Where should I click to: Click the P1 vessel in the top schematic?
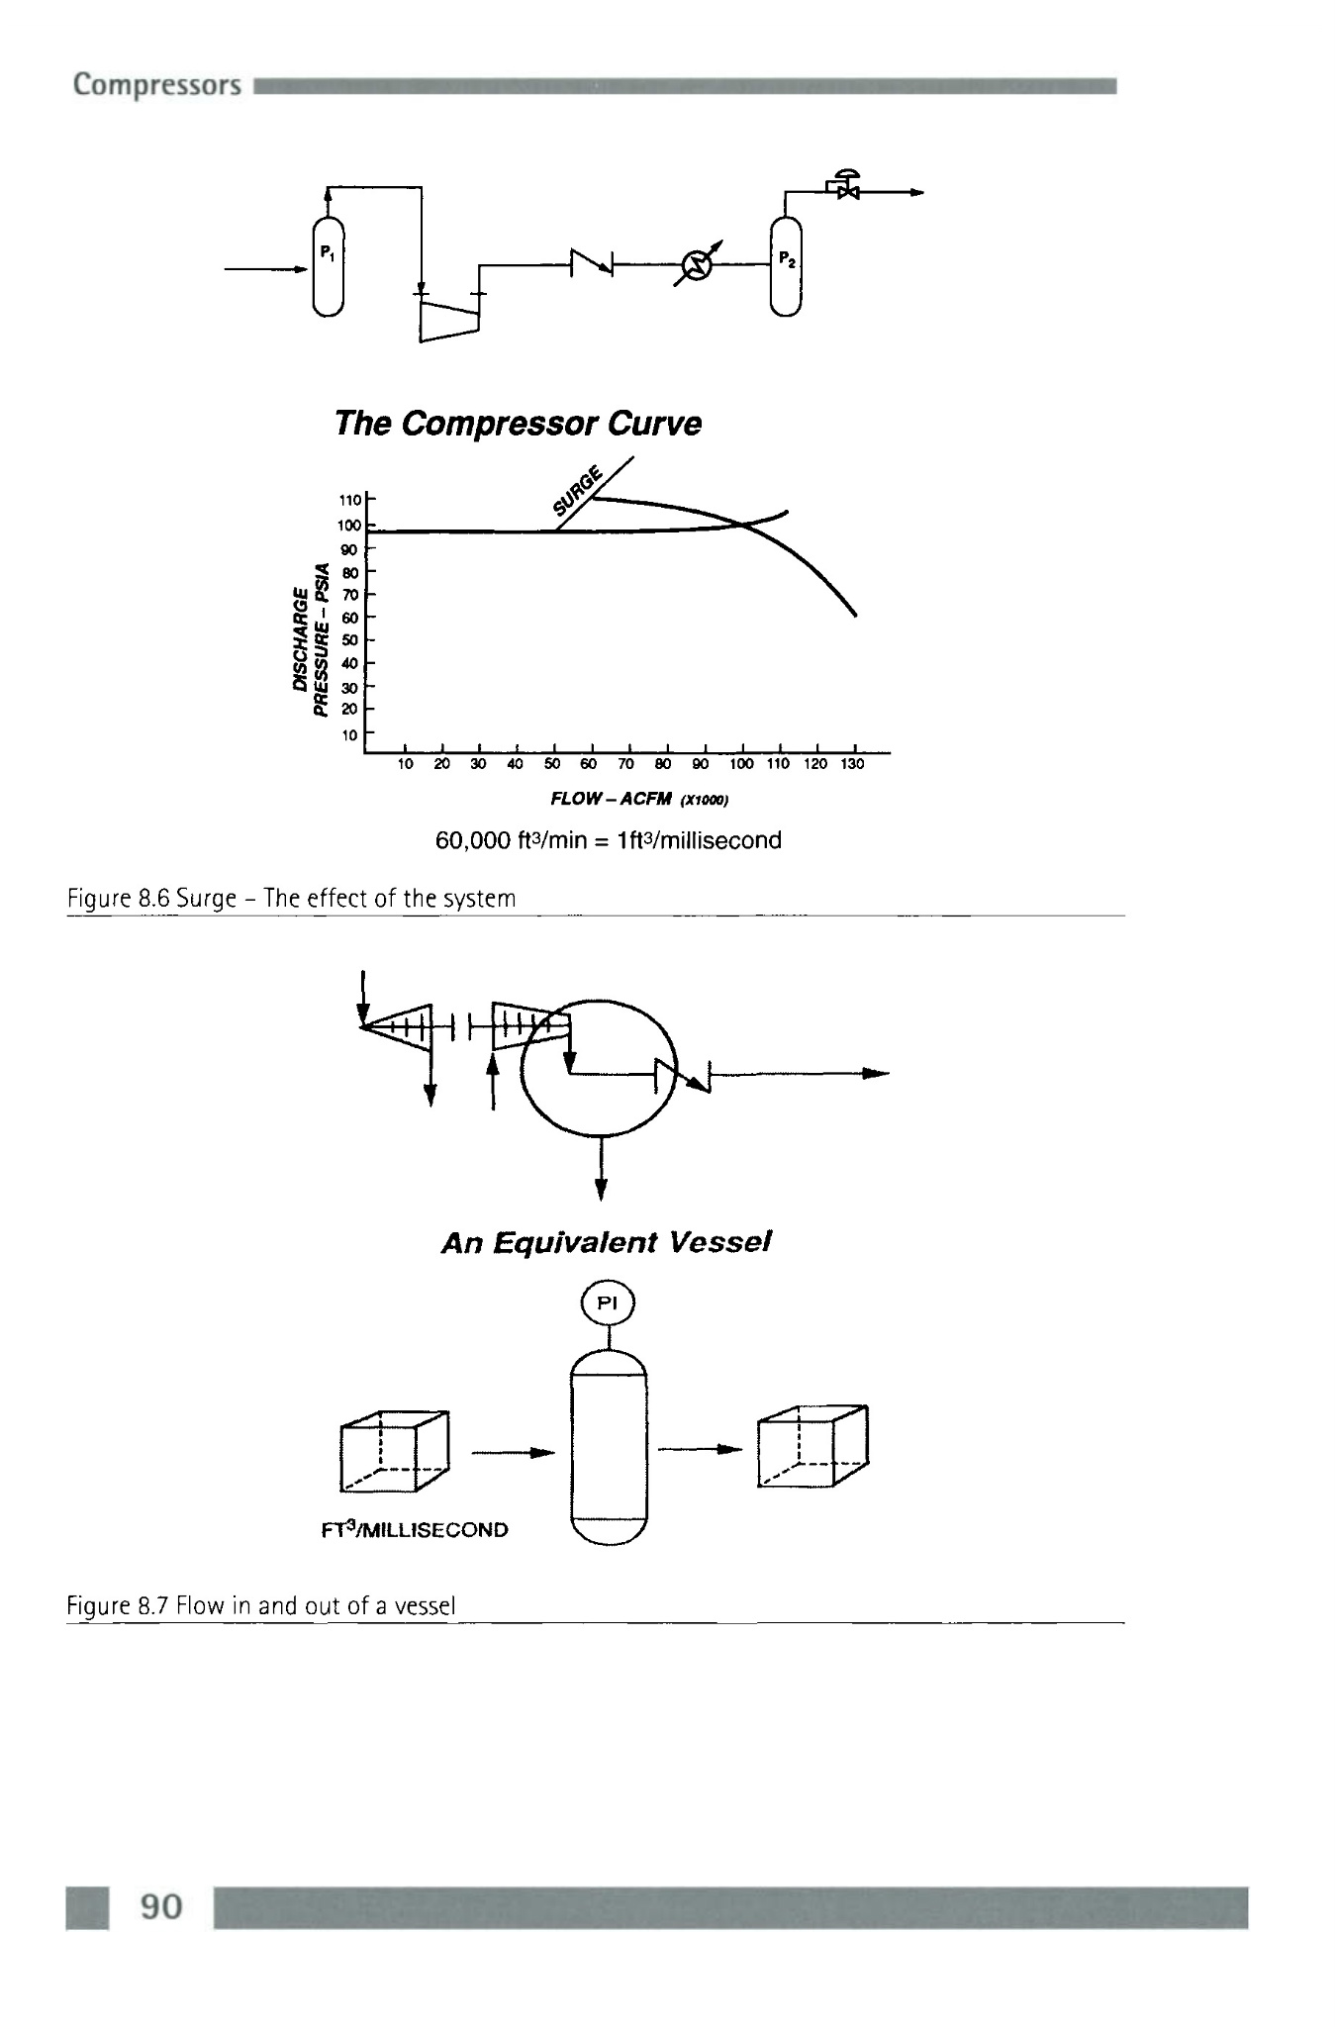328,265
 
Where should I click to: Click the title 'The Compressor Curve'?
518,423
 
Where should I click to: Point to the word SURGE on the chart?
578,491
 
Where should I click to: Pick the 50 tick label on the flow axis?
552,764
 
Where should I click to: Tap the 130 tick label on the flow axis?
852,764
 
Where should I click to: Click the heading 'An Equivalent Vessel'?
606,1242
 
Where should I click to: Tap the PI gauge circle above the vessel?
609,1303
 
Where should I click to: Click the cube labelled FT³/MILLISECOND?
394,1450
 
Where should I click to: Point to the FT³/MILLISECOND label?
415,1529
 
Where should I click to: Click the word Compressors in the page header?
156,85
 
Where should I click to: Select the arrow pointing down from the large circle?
601,1169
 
